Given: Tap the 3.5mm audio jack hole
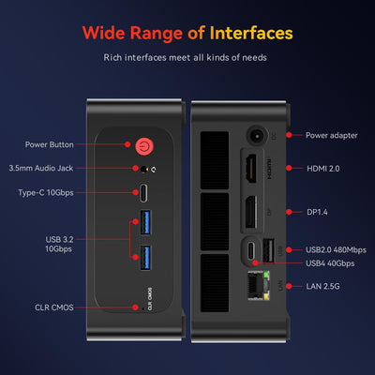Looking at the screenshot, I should point(143,170).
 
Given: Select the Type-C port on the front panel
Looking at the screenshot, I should point(143,194).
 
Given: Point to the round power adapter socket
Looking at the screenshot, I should point(255,135).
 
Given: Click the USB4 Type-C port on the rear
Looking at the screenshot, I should point(250,251).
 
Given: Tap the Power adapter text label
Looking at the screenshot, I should point(331,135).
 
